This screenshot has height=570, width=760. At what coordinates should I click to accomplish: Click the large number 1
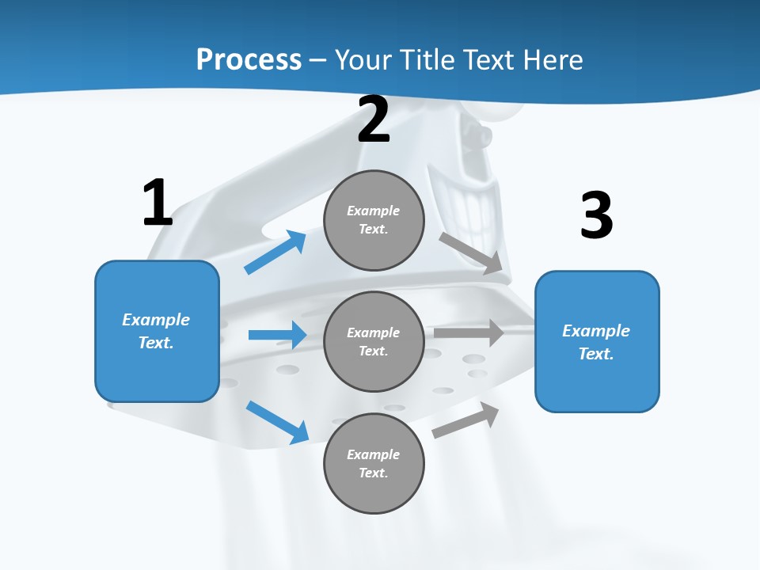(x=158, y=203)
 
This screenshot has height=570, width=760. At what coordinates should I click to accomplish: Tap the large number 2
(x=374, y=120)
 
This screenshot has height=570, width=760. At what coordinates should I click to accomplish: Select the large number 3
(x=596, y=216)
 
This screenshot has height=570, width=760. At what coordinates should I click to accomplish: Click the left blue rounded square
(x=157, y=331)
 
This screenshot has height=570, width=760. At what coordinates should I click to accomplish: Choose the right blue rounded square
(x=597, y=341)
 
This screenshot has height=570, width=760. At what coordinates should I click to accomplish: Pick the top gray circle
(x=374, y=220)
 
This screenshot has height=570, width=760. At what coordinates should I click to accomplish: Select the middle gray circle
(x=374, y=341)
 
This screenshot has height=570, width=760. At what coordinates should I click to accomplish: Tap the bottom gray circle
(x=374, y=463)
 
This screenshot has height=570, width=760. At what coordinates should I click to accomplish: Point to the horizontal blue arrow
(x=277, y=335)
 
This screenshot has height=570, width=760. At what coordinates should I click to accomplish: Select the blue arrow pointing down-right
(x=277, y=421)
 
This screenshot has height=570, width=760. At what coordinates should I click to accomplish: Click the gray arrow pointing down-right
(x=471, y=253)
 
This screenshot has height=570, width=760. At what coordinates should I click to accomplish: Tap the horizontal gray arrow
(x=469, y=332)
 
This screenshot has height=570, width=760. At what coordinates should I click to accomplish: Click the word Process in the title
(x=249, y=59)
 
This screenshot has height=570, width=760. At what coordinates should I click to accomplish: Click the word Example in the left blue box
(x=156, y=320)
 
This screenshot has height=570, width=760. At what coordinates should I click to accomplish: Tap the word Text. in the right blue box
(x=596, y=354)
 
